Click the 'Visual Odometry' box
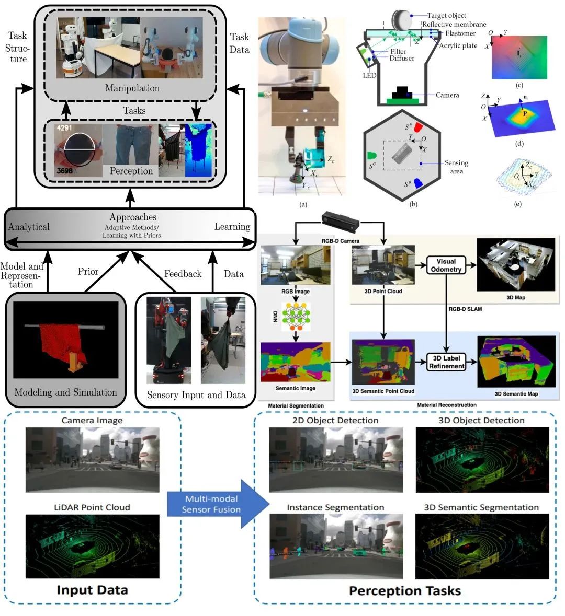(446, 265)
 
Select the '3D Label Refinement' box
(446, 362)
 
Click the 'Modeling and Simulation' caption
(65, 392)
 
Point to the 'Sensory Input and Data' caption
(196, 395)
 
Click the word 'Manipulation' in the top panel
(132, 88)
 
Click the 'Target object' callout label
(446, 16)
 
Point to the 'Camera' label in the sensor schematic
(447, 95)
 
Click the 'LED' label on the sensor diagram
(369, 75)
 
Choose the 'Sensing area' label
(456, 167)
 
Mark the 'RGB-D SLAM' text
(465, 309)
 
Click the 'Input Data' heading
(92, 590)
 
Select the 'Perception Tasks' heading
(405, 591)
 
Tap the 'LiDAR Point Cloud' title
(92, 507)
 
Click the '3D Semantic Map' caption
(516, 393)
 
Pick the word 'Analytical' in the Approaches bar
(29, 227)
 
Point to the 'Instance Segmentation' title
(335, 507)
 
